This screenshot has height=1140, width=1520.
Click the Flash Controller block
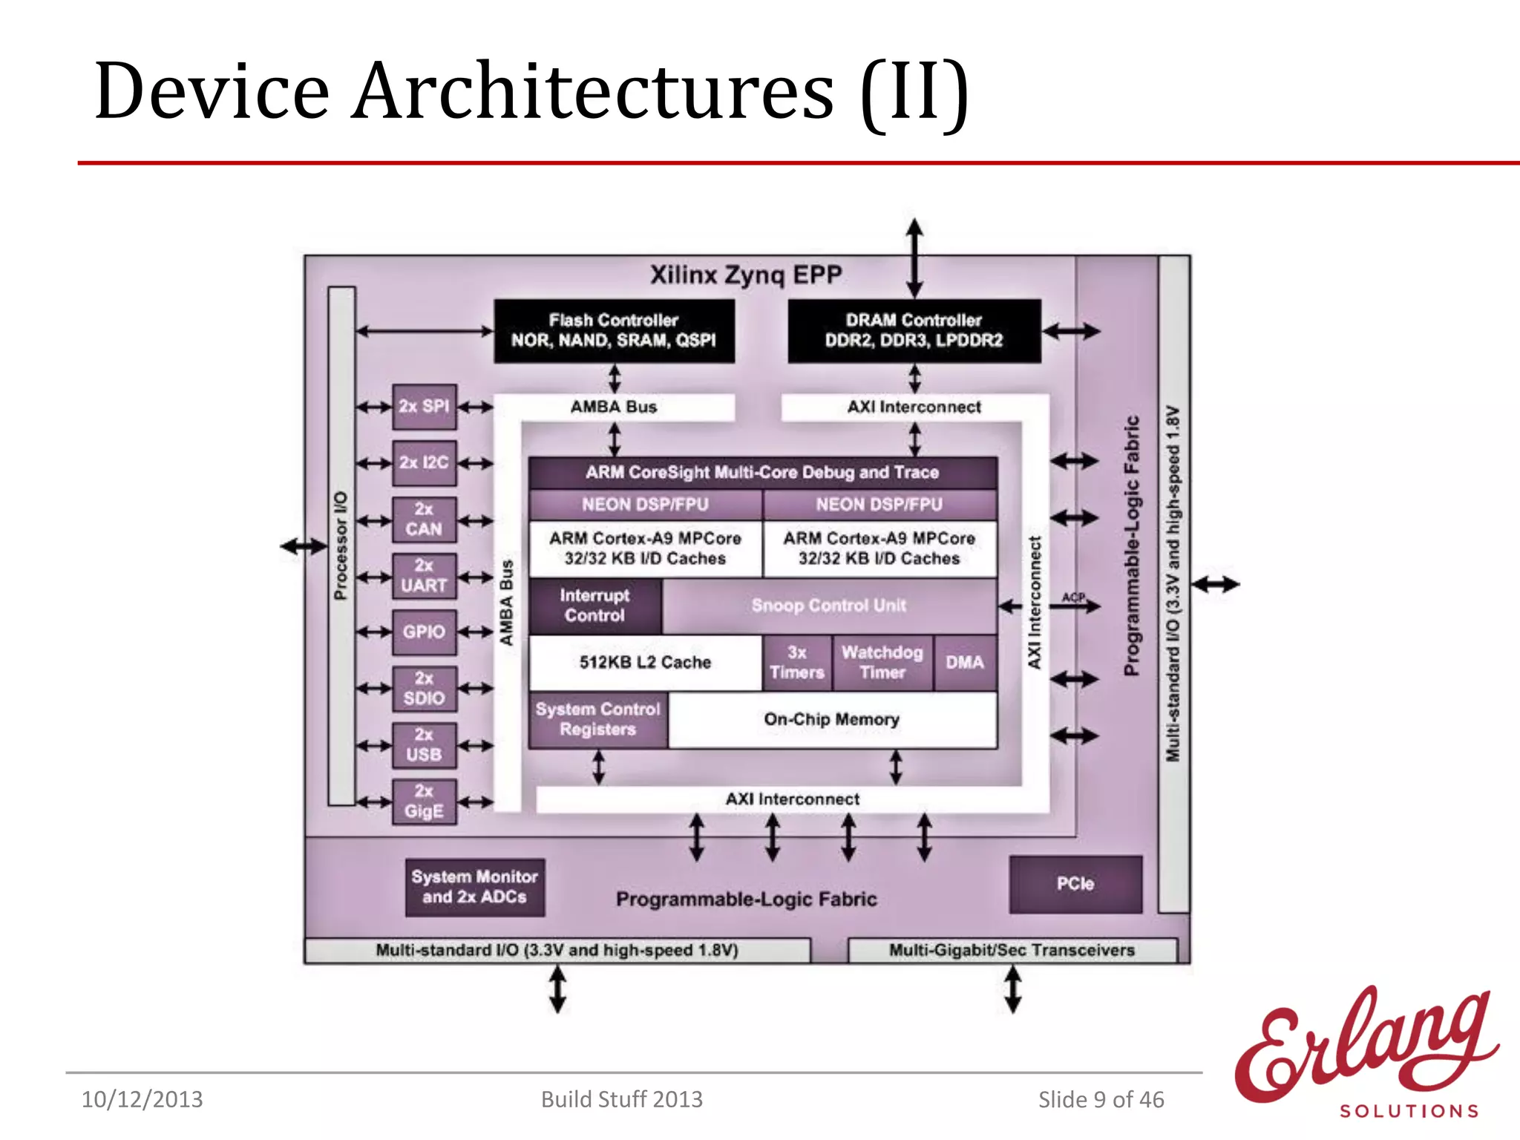click(x=614, y=331)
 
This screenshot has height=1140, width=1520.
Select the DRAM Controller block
click(x=914, y=331)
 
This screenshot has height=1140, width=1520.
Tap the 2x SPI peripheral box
click(x=424, y=407)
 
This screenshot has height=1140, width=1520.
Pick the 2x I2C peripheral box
click(x=424, y=463)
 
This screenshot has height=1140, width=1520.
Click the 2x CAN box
click(x=424, y=520)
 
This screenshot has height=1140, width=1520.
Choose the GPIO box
click(x=424, y=632)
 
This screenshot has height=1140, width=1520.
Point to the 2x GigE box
click(x=424, y=802)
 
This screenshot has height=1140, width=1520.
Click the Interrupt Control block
click(x=594, y=606)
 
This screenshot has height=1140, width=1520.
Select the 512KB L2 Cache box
click(x=645, y=663)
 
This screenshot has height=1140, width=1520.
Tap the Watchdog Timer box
click(x=882, y=663)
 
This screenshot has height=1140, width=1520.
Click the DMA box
click(x=965, y=663)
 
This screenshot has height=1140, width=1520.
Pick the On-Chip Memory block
click(x=831, y=720)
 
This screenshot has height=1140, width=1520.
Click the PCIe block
click(x=1075, y=884)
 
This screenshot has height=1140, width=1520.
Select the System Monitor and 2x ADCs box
click(x=475, y=888)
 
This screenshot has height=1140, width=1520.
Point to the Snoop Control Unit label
click(x=828, y=606)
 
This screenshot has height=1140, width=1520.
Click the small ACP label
click(x=1073, y=597)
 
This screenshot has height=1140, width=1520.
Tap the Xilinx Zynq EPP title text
click(x=746, y=275)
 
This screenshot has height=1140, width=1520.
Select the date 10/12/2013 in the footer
click(x=142, y=1100)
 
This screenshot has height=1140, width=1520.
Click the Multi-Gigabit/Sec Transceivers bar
click(x=1012, y=951)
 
